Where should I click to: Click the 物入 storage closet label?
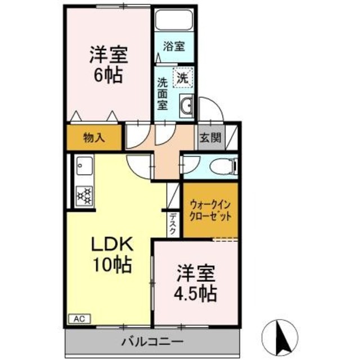(93, 137)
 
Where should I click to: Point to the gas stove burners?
(84, 194)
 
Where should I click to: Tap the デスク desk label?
(173, 223)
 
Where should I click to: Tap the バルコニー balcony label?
(152, 341)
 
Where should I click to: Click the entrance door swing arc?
(209, 108)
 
